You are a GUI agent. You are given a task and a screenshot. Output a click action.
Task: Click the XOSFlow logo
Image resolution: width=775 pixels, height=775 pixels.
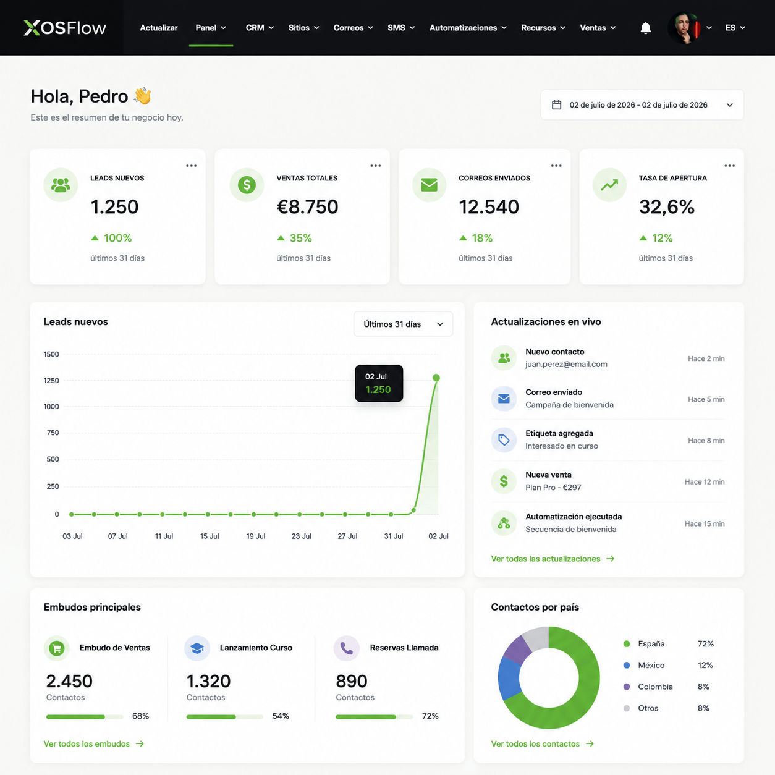tap(65, 28)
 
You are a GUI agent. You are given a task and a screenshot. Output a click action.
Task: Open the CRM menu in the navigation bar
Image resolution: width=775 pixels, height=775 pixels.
tap(260, 28)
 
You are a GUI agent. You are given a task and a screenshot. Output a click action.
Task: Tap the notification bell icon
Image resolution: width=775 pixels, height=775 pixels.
tap(645, 28)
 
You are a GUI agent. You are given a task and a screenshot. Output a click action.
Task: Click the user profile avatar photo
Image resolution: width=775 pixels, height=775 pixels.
tap(685, 28)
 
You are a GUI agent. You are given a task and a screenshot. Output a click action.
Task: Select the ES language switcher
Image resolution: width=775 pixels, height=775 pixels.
tap(735, 28)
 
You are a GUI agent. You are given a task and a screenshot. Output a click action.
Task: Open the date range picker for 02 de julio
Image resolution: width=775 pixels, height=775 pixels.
tap(642, 105)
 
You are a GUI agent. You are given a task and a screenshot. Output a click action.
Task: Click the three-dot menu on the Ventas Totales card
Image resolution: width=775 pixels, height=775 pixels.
tap(375, 166)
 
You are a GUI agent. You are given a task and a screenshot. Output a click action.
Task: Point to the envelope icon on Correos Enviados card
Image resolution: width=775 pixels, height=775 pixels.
tap(429, 185)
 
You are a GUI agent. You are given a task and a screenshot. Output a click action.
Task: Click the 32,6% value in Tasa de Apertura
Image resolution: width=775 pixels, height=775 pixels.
tap(666, 206)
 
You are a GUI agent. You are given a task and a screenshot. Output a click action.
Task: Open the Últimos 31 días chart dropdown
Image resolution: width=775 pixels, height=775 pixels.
tap(403, 324)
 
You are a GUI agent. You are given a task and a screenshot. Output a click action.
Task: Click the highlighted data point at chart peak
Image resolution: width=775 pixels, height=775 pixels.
tap(436, 378)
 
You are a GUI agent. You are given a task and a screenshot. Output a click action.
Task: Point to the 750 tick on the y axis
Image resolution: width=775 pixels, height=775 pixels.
tap(53, 433)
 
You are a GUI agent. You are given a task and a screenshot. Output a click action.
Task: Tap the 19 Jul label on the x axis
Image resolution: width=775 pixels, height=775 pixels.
tap(256, 536)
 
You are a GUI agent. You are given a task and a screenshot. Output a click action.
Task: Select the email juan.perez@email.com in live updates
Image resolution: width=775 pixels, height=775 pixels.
tap(566, 365)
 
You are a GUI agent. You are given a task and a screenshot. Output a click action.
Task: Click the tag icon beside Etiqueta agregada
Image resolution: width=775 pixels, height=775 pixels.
tap(504, 440)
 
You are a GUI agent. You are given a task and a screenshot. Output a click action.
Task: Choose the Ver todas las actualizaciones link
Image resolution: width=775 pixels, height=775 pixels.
tap(553, 559)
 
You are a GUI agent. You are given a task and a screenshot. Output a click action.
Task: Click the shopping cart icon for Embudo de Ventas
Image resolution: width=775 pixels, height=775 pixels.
tap(57, 648)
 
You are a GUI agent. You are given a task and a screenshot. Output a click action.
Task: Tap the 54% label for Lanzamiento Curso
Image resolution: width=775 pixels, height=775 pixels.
tap(281, 716)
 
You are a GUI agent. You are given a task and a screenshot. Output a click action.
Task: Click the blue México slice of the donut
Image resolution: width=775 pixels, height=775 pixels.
tap(509, 678)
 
